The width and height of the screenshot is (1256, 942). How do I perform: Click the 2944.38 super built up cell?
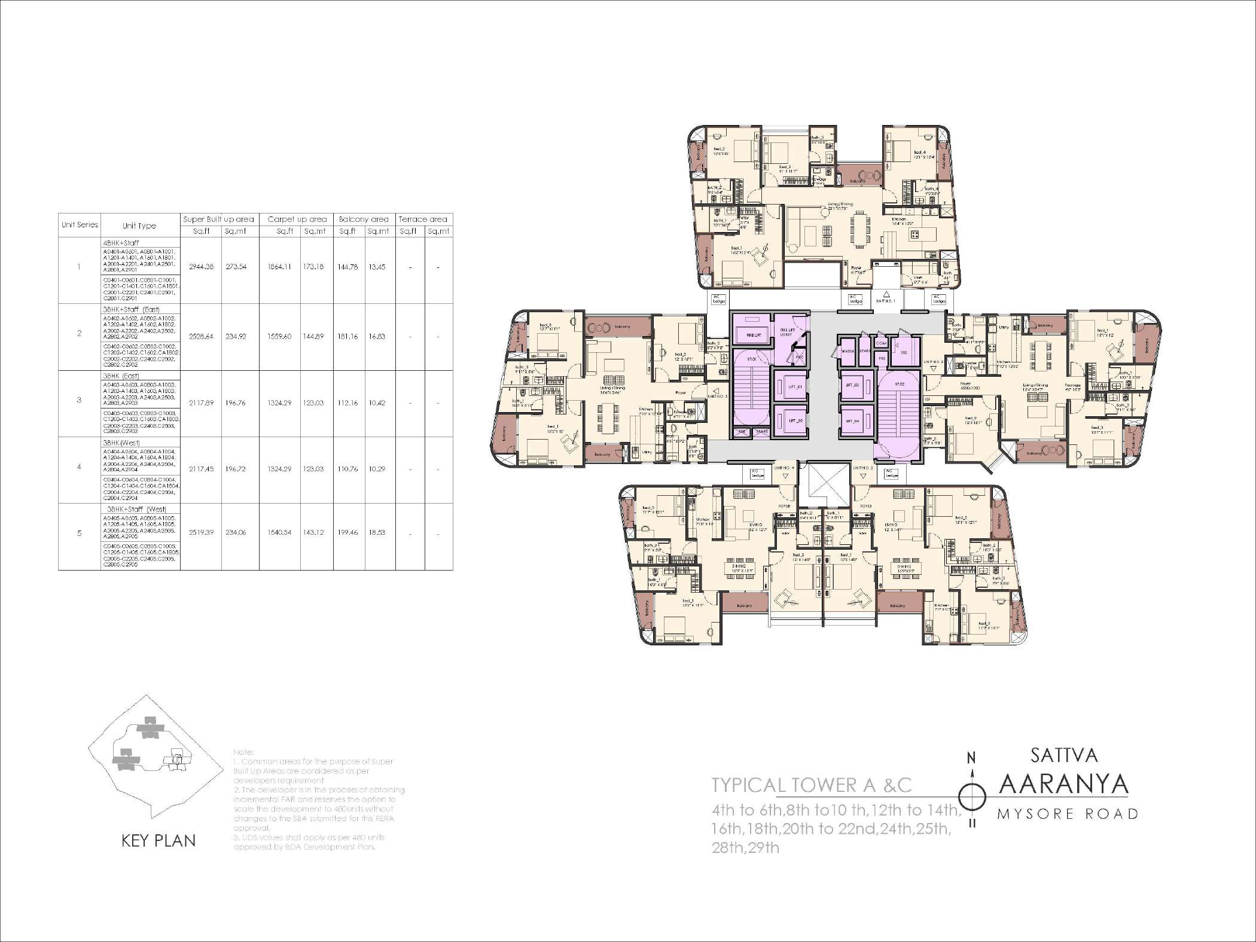[x=201, y=267]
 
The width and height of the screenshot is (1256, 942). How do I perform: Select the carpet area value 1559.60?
[x=280, y=337]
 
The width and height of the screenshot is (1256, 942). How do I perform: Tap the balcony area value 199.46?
[x=347, y=532]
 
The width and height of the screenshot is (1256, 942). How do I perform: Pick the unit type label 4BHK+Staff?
[x=121, y=243]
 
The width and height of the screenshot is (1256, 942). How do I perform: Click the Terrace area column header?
[x=423, y=220]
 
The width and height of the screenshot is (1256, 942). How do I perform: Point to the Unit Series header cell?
[x=80, y=225]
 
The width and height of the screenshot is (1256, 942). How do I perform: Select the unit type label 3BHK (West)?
[x=121, y=443]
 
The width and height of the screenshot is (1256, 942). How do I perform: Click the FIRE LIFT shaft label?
[x=753, y=336]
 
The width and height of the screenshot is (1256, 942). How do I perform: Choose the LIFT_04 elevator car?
[x=852, y=421]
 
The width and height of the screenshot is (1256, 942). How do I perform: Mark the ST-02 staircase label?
[x=899, y=384]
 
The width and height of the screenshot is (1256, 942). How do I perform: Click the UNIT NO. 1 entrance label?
[x=886, y=301]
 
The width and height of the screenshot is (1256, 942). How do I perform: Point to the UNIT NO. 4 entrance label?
[x=784, y=468]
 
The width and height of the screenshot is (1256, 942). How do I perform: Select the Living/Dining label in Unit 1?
[x=840, y=206]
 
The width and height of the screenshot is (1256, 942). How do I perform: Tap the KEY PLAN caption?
[x=158, y=841]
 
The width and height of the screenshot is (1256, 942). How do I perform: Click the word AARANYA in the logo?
[x=1063, y=785]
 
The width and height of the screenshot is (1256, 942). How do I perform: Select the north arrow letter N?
[x=971, y=758]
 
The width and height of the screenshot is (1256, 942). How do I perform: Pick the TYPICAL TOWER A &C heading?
[x=811, y=785]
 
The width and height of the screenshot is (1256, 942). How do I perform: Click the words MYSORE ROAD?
[x=1068, y=814]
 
